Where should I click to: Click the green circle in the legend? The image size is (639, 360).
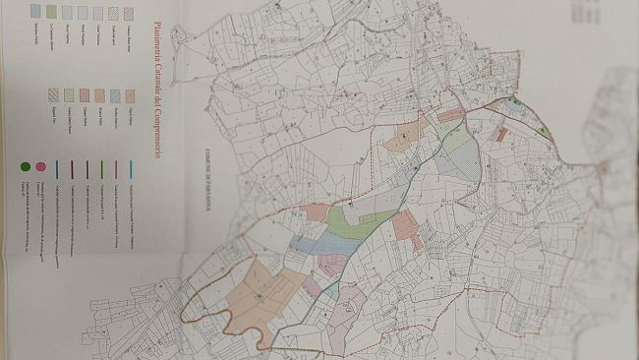click(x=23, y=168)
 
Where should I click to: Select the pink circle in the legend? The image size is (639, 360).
click(x=40, y=168)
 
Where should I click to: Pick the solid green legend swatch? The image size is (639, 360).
click(x=51, y=12)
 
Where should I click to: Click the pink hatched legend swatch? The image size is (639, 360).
click(x=128, y=12)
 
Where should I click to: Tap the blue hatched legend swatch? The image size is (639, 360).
click(x=115, y=96)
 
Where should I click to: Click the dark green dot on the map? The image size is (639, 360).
click(x=515, y=100)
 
